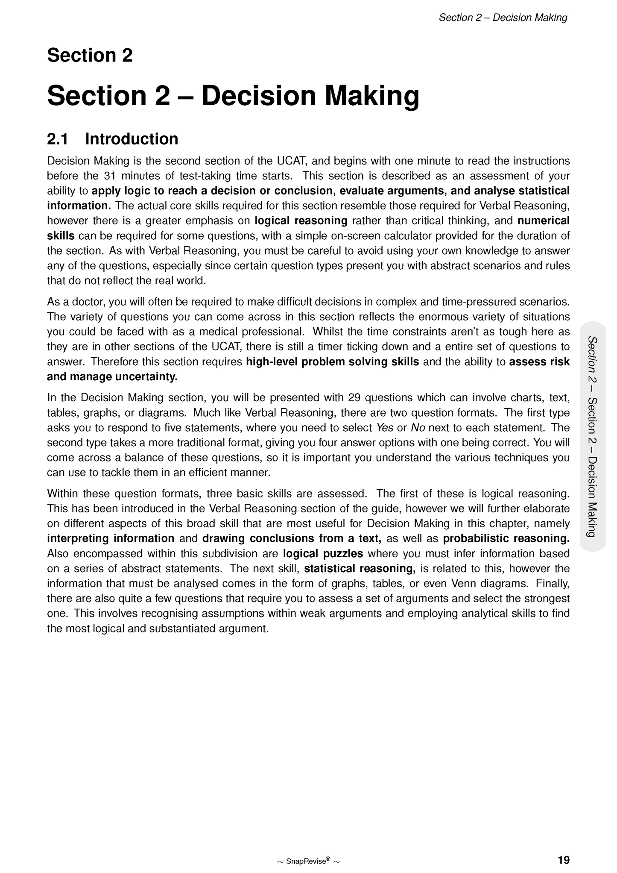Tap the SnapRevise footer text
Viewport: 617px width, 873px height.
click(x=308, y=861)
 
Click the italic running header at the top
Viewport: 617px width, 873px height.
click(x=503, y=18)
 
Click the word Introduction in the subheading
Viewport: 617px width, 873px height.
click(x=132, y=139)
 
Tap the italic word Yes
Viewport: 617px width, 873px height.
click(x=384, y=428)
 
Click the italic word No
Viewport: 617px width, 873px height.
click(x=418, y=428)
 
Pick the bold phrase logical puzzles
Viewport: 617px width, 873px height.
click(x=323, y=553)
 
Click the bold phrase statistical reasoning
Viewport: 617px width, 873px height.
click(x=360, y=568)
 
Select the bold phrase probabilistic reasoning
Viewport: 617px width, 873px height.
click(x=506, y=538)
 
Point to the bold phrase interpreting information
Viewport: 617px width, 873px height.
click(x=111, y=538)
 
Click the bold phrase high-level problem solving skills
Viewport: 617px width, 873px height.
click(x=333, y=362)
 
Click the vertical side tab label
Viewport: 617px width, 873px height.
click(x=592, y=436)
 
